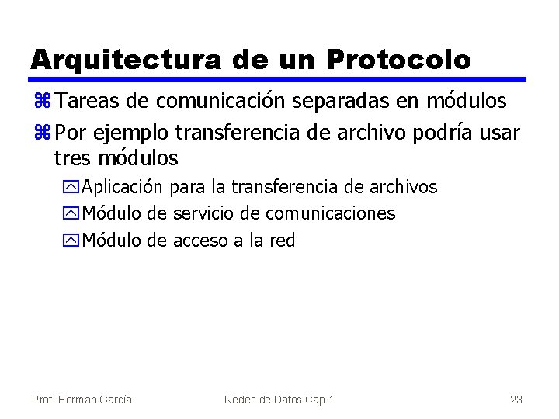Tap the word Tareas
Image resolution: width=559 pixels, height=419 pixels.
click(86, 102)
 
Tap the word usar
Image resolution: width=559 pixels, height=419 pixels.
click(497, 132)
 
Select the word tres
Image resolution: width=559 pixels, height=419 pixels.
click(71, 158)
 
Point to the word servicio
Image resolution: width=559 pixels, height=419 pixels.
click(204, 213)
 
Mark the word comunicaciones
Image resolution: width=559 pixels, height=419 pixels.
click(330, 213)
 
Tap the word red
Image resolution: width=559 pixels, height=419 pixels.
click(282, 241)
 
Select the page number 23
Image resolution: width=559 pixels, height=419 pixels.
click(516, 400)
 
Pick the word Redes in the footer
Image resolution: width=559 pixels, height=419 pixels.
click(241, 400)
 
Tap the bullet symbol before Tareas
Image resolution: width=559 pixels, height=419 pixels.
click(42, 102)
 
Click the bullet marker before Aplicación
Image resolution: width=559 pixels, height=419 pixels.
click(73, 188)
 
